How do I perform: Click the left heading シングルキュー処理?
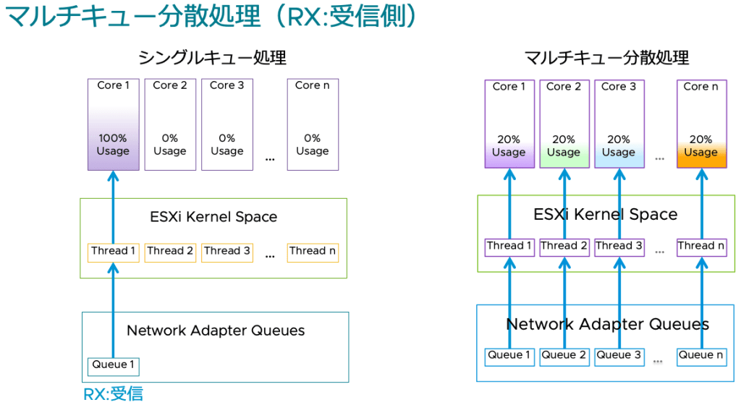coord(212,57)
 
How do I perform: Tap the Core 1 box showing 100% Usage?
coord(114,124)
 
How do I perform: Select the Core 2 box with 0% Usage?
coord(170,124)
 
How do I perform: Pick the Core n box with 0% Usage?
coord(313,124)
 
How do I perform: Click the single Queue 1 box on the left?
coord(113,365)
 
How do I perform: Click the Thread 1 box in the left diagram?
coord(114,252)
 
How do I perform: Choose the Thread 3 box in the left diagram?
coord(227,252)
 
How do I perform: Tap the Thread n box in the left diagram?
coord(313,252)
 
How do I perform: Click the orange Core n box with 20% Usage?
coord(701,124)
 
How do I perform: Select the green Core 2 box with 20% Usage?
coord(564,124)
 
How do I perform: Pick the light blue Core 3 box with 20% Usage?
coord(619,124)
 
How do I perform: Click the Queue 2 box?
coord(564,356)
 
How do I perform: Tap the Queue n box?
coord(701,356)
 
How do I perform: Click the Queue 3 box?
coord(619,356)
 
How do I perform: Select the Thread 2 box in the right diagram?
coord(564,247)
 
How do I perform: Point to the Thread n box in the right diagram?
coord(701,247)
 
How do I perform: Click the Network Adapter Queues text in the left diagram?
coord(216,331)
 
